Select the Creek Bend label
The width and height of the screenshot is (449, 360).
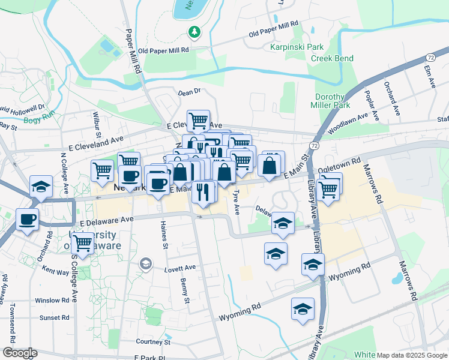point(332,58)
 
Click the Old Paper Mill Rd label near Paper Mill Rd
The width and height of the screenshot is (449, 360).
point(163,51)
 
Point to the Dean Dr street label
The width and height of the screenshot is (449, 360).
point(188,92)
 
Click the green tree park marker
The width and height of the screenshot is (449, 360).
point(194,31)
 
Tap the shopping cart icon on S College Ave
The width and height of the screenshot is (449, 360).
point(82,243)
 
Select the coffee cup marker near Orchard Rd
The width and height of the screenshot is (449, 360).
point(27,218)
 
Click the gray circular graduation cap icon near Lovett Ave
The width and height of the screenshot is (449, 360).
point(145,263)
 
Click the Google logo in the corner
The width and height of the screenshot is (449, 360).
point(19,353)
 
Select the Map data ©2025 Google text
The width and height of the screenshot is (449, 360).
point(412,355)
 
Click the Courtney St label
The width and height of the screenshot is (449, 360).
point(153,342)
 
